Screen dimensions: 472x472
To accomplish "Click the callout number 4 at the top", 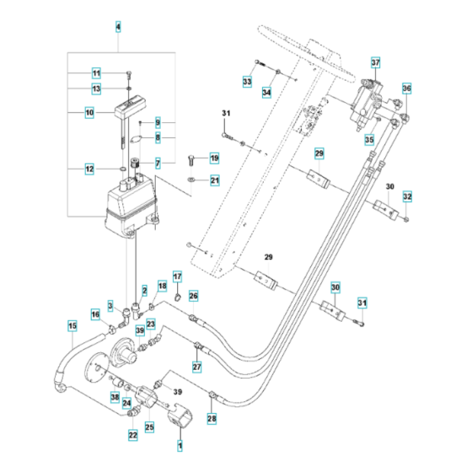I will click(x=117, y=28).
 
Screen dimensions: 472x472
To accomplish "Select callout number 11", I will click(x=97, y=72).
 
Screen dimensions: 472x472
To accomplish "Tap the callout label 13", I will click(x=97, y=88).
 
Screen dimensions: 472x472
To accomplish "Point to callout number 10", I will click(x=88, y=112).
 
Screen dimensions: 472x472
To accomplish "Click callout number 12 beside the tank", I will click(x=88, y=169).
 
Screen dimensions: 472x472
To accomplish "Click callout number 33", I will click(x=247, y=81).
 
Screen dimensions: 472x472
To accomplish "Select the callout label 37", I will click(x=376, y=62).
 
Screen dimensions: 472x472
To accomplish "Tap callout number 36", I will click(x=406, y=88).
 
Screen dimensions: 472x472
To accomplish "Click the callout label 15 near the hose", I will click(x=72, y=324).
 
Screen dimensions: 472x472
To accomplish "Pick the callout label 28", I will click(x=212, y=419).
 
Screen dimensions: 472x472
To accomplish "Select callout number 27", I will click(x=196, y=367).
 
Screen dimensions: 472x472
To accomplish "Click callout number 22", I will click(x=133, y=435).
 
